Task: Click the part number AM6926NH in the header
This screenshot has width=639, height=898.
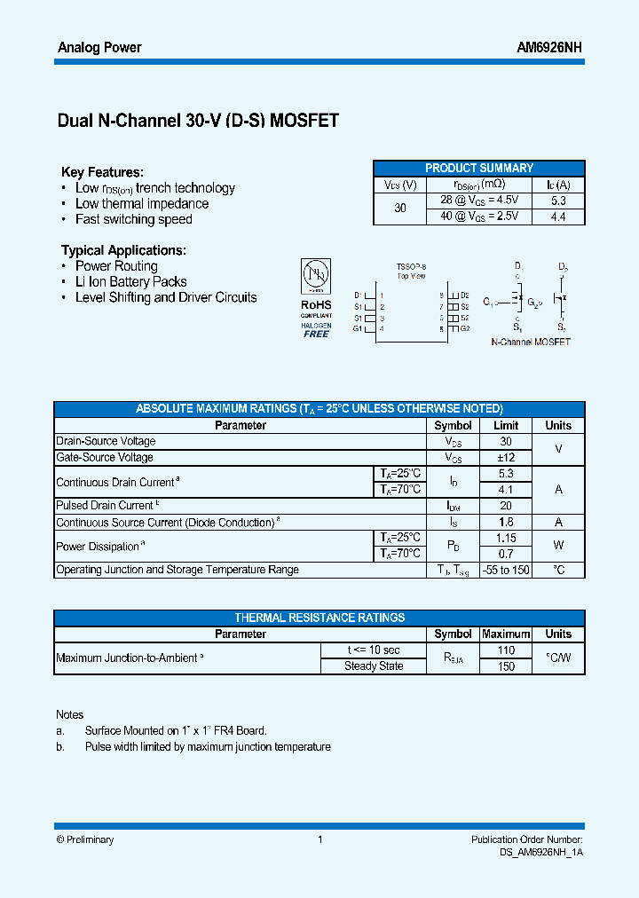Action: (549, 48)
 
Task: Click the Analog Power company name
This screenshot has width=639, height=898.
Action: (99, 48)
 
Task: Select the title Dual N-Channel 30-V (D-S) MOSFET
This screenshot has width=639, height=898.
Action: (198, 121)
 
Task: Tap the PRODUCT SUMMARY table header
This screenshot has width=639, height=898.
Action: (478, 168)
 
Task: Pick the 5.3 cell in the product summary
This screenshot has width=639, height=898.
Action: (558, 201)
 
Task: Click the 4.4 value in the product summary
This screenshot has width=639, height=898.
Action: (558, 217)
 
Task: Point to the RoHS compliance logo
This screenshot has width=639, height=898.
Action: (316, 297)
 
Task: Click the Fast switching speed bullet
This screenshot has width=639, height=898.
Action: (133, 219)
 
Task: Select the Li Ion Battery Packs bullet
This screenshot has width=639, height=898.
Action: (130, 281)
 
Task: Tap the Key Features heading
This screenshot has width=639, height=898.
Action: (102, 172)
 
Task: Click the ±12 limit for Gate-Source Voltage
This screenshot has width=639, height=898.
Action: (506, 457)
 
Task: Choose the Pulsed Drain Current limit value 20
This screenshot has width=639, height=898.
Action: (506, 506)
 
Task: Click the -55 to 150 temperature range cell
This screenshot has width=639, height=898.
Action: (506, 570)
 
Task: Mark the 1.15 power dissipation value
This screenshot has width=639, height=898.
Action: (506, 538)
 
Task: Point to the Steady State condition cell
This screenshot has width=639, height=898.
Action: (374, 666)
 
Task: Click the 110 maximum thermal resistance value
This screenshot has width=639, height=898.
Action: (506, 650)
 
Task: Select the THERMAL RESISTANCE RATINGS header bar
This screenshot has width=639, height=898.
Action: (319, 618)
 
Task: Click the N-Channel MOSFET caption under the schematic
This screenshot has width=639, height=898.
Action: (531, 342)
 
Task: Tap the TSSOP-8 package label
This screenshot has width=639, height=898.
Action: (411, 266)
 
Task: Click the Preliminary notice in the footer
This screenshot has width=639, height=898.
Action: (85, 839)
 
